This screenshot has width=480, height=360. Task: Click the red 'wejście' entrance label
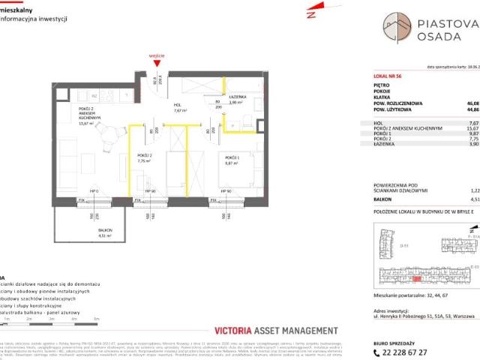(x=155, y=54)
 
